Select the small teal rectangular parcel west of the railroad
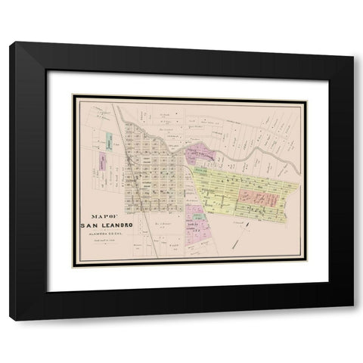point(109,140)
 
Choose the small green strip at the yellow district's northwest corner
point(202,172)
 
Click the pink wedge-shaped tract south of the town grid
point(198,223)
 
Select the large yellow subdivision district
point(242,189)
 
